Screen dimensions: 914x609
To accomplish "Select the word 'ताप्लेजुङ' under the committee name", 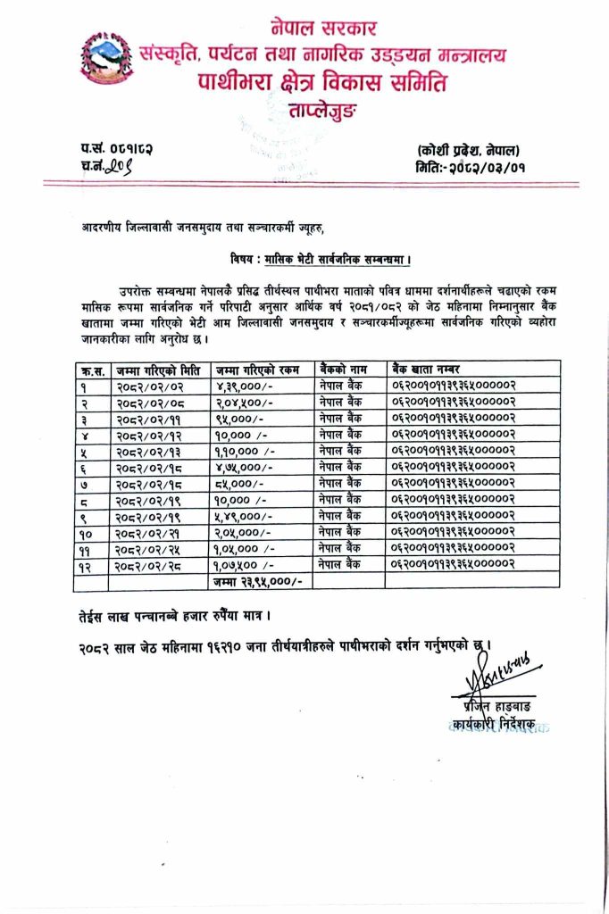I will pos(322,112).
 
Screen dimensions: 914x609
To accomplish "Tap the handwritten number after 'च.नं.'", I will pos(118,166).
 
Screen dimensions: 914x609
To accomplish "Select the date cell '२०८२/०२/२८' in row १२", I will pos(151,565).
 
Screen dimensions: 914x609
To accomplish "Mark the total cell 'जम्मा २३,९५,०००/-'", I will pos(259,581).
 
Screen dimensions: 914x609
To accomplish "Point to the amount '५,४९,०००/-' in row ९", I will pos(237,516).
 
